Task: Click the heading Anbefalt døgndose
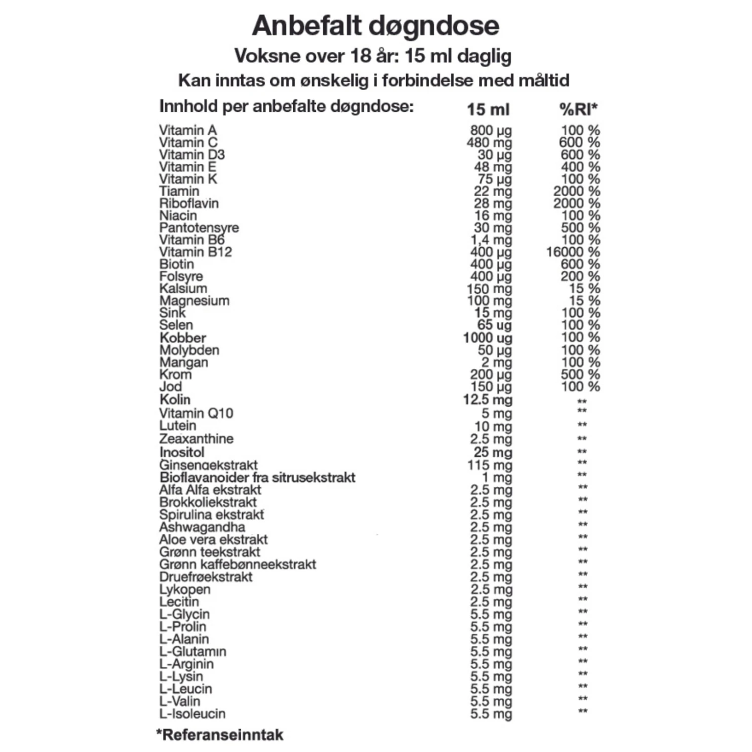pyautogui.click(x=375, y=26)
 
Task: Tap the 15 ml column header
pyautogui.click(x=488, y=109)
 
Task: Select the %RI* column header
pyautogui.click(x=579, y=109)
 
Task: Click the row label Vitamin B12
pyautogui.click(x=196, y=252)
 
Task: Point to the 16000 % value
pyautogui.click(x=573, y=252)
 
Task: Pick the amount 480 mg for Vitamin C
pyautogui.click(x=489, y=142)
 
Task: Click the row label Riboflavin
pyautogui.click(x=189, y=203)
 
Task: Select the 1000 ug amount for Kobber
pyautogui.click(x=487, y=338)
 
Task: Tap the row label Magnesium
pyautogui.click(x=195, y=301)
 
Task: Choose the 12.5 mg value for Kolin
pyautogui.click(x=487, y=400)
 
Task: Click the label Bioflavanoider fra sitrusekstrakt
pyautogui.click(x=257, y=477)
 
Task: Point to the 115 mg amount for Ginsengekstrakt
pyautogui.click(x=490, y=465)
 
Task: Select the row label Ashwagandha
pyautogui.click(x=202, y=527)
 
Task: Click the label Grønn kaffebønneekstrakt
pyautogui.click(x=238, y=564)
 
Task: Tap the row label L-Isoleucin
pyautogui.click(x=193, y=713)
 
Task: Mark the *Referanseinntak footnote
pyautogui.click(x=220, y=735)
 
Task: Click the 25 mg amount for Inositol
pyautogui.click(x=493, y=452)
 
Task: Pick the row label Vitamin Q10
pyautogui.click(x=196, y=413)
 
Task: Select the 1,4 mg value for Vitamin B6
pyautogui.click(x=491, y=240)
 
